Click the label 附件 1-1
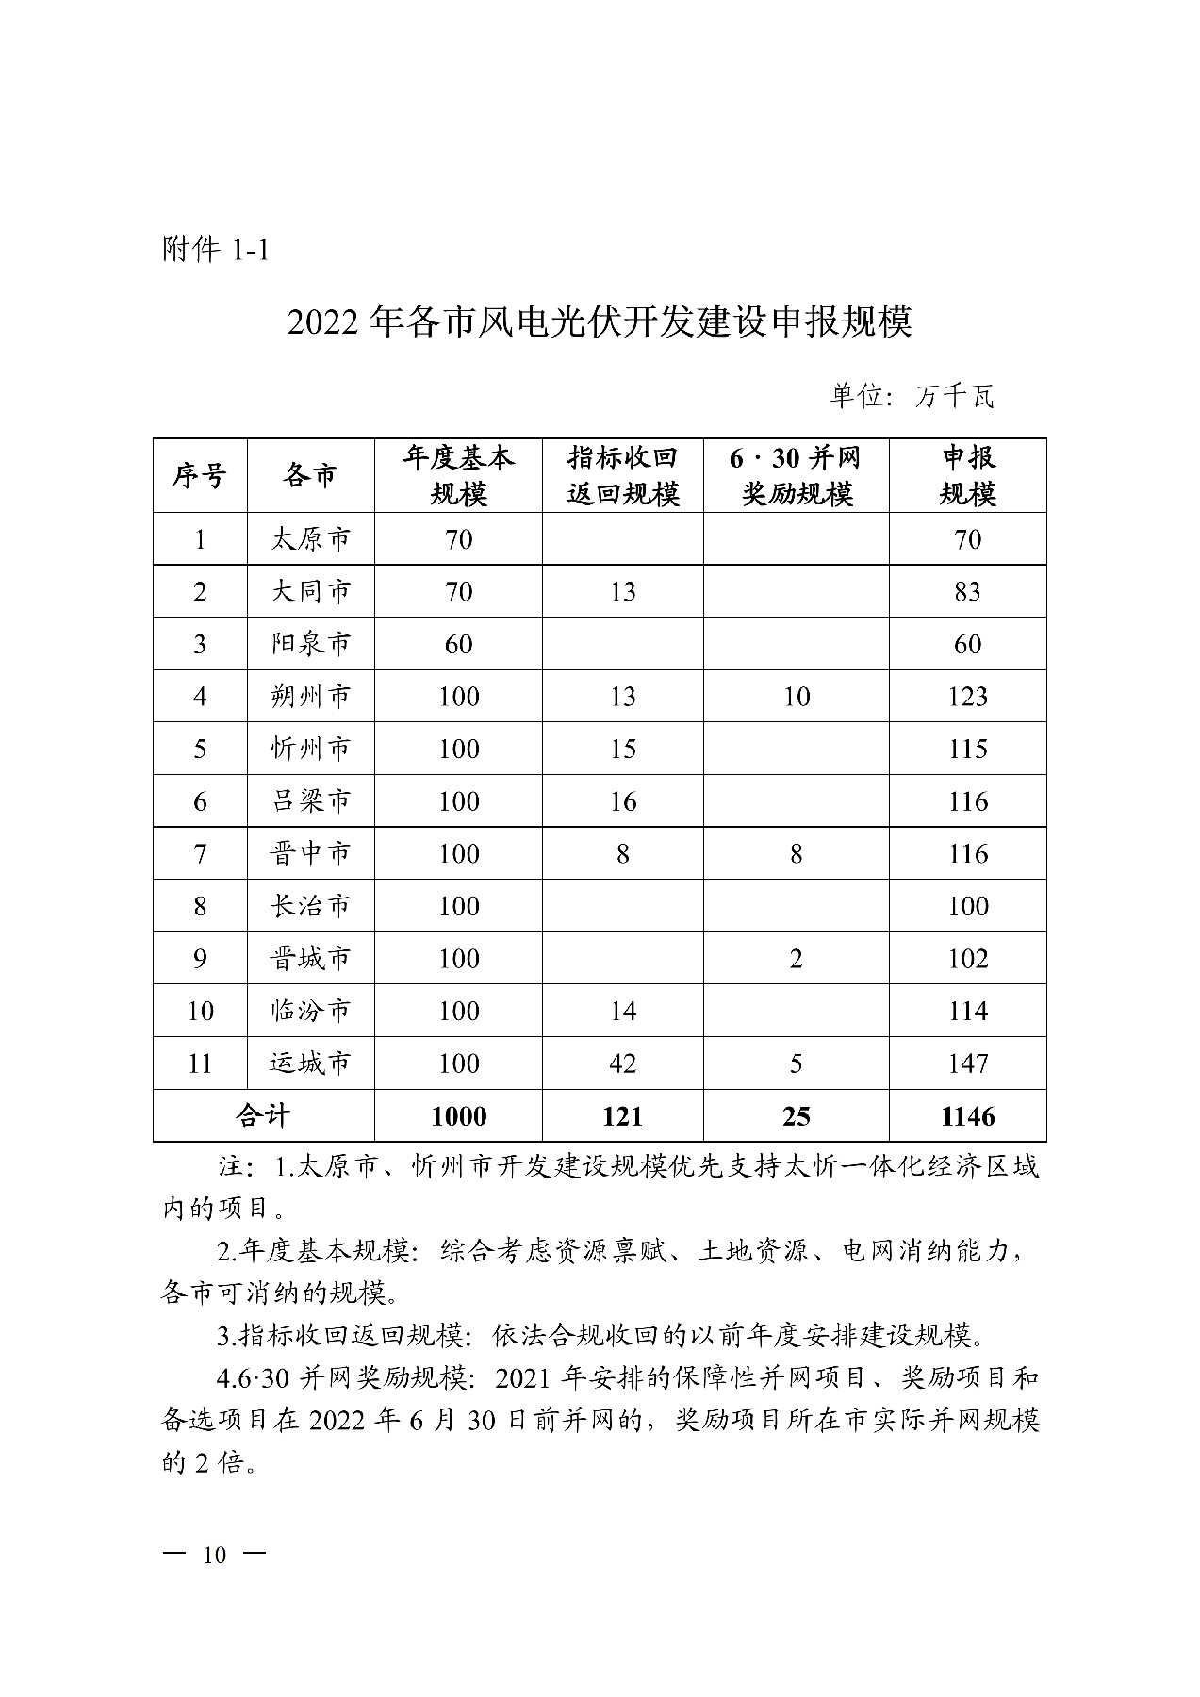coord(216,251)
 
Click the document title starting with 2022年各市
coord(600,322)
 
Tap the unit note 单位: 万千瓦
coord(911,396)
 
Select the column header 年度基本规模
coord(458,475)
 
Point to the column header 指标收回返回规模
coord(622,475)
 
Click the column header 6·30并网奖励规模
coord(796,475)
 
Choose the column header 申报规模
coord(968,475)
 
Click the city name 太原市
coord(310,539)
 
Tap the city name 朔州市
coord(310,697)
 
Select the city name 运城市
coord(310,1063)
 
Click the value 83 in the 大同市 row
coord(968,592)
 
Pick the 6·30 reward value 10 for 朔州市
coord(797,697)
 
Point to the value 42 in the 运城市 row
coord(622,1063)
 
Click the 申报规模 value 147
coord(968,1063)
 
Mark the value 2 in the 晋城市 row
coord(797,959)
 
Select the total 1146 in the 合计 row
coord(968,1116)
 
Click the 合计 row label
coord(263,1116)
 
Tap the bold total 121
coord(622,1116)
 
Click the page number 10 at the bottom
coord(215,1556)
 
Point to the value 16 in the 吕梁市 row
coord(622,801)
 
